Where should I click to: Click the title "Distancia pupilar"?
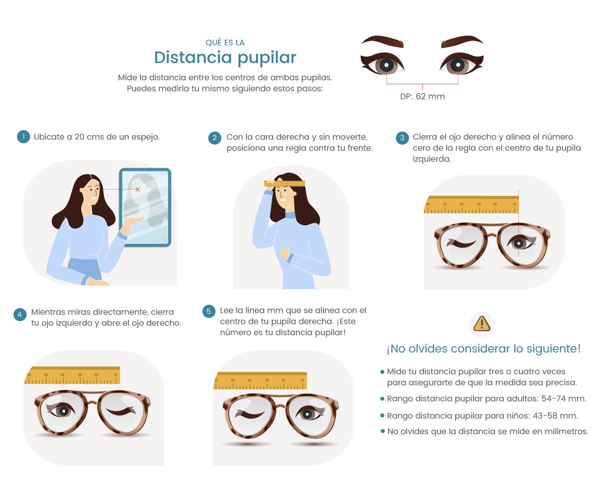pyautogui.click(x=225, y=58)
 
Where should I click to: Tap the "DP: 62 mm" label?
pyautogui.click(x=422, y=96)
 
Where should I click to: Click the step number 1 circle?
pyautogui.click(x=23, y=137)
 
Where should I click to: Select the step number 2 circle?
pyautogui.click(x=215, y=138)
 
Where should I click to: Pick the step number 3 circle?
pyautogui.click(x=402, y=138)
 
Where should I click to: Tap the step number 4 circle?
pyautogui.click(x=20, y=314)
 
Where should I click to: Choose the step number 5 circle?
pyautogui.click(x=208, y=312)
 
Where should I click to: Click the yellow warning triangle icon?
pyautogui.click(x=481, y=324)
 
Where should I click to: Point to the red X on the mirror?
pyautogui.click(x=137, y=189)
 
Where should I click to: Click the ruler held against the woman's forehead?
pyautogui.click(x=284, y=183)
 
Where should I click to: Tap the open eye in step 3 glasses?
pyautogui.click(x=519, y=243)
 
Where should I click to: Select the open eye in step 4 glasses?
pyautogui.click(x=63, y=411)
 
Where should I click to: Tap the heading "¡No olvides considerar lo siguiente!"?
pyautogui.click(x=483, y=349)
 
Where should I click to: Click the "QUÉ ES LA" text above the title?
pyautogui.click(x=225, y=43)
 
